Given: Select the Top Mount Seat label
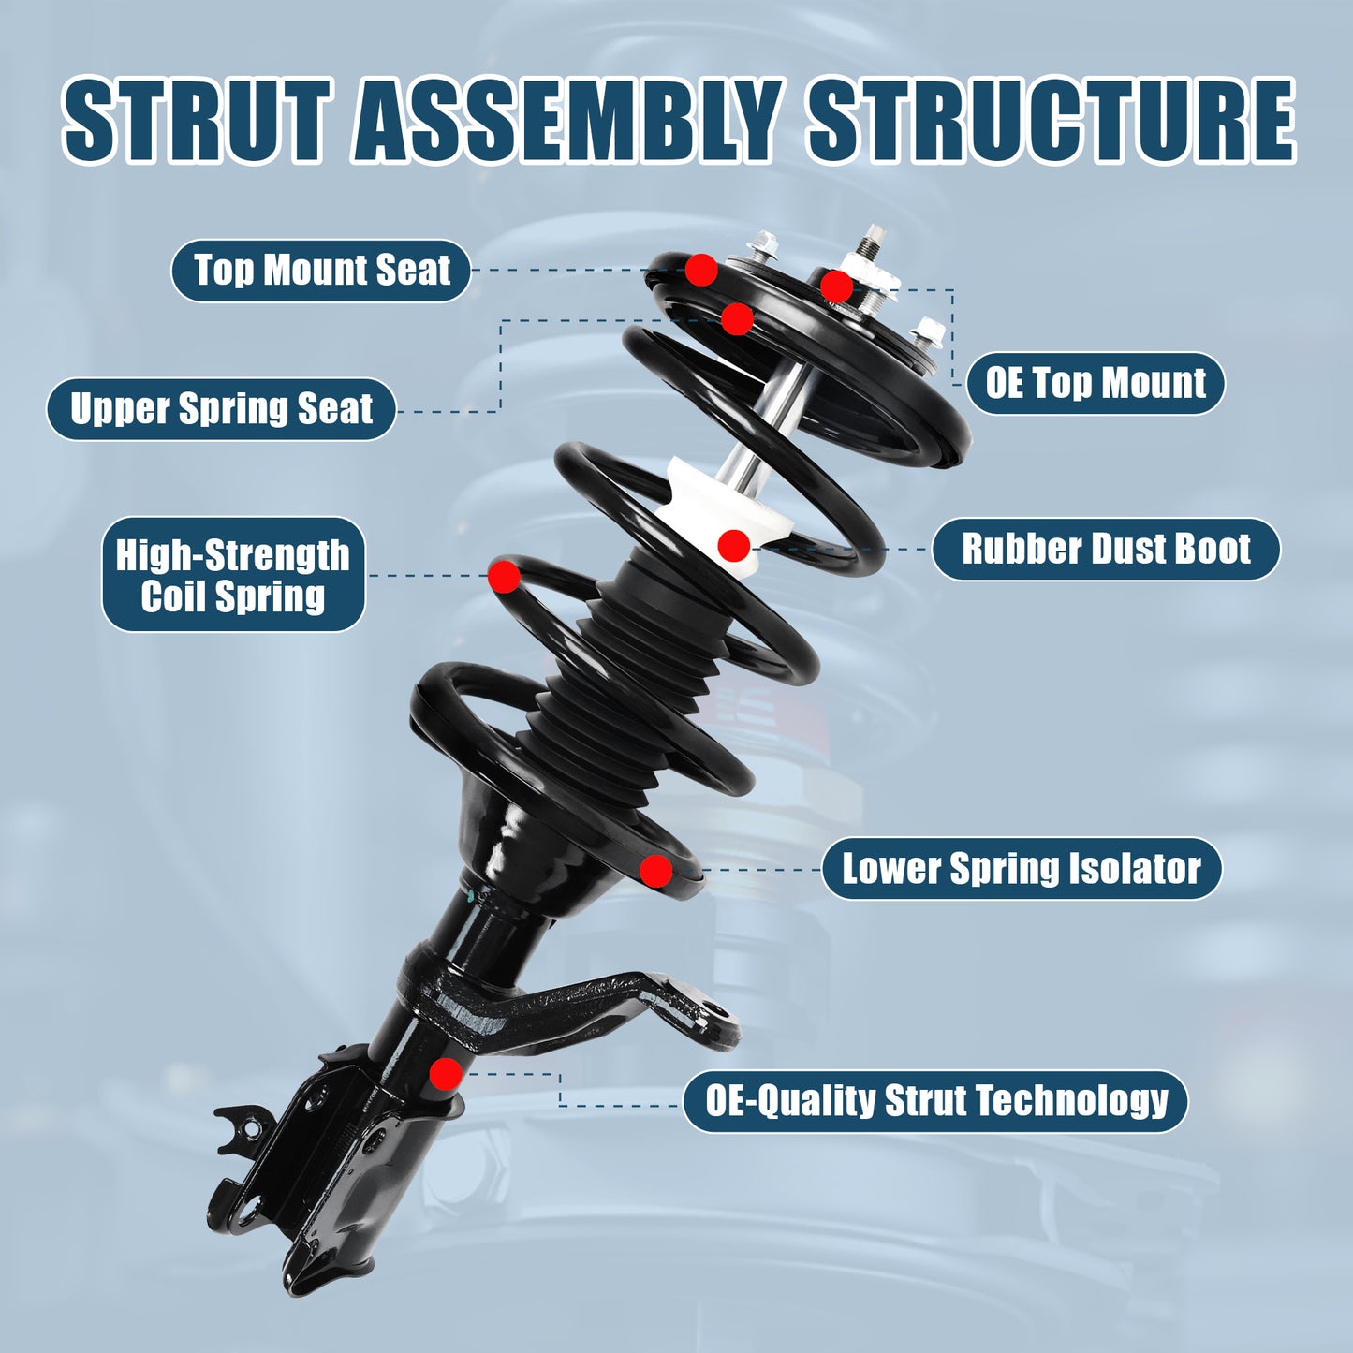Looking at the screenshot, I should [320, 271].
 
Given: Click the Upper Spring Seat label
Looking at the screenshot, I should [221, 409].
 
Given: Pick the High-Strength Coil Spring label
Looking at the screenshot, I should [233, 575].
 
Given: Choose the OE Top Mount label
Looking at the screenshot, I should [1095, 383].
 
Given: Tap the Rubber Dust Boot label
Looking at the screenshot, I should [1105, 549].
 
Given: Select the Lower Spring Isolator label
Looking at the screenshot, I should [1021, 869].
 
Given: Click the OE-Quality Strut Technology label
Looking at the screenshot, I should [936, 1101].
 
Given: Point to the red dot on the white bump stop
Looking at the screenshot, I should [734, 545].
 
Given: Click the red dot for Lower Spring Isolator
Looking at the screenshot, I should [656, 871].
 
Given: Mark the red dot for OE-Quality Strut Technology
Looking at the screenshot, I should [446, 1074].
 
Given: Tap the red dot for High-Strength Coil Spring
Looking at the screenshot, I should [504, 576].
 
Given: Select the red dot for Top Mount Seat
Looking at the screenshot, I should [701, 270].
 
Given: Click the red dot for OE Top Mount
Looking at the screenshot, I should [836, 287].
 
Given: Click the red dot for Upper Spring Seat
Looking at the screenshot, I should [737, 319].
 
